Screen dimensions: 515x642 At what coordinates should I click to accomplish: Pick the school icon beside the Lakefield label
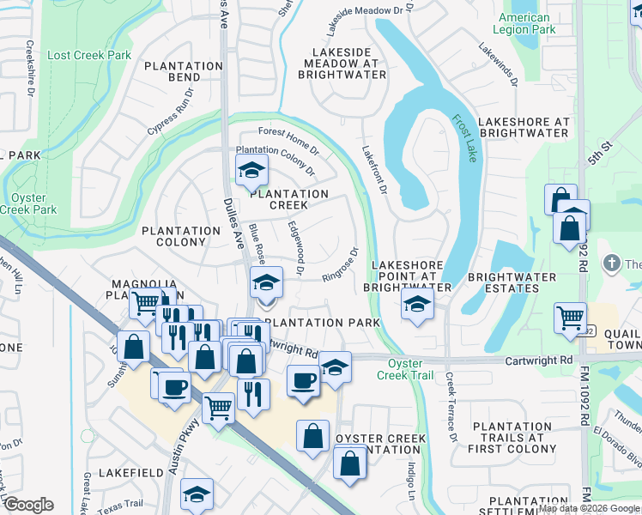(197, 494)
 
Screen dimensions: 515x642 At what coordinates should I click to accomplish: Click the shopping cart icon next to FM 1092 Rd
(570, 318)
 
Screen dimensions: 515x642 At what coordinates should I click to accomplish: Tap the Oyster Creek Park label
(28, 203)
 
